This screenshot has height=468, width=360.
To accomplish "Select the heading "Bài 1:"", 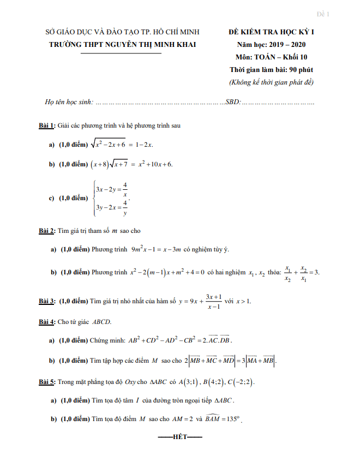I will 46,126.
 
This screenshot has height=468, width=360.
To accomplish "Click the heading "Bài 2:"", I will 46,231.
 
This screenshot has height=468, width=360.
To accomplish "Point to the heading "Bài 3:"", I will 46,301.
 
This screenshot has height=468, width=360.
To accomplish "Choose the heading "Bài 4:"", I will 46,322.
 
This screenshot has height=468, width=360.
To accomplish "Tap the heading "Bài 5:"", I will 46,382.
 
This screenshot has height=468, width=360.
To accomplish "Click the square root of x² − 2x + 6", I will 111,144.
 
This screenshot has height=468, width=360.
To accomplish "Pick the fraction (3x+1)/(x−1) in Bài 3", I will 213,302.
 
